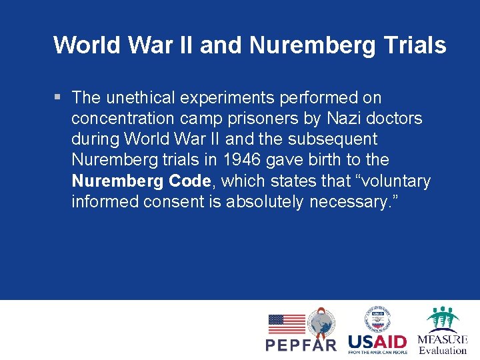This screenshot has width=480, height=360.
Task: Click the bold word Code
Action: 189,181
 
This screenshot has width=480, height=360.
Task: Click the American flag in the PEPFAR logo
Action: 286,324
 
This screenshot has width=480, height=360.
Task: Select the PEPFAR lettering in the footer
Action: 301,345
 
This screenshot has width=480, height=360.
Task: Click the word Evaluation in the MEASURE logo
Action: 443,350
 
